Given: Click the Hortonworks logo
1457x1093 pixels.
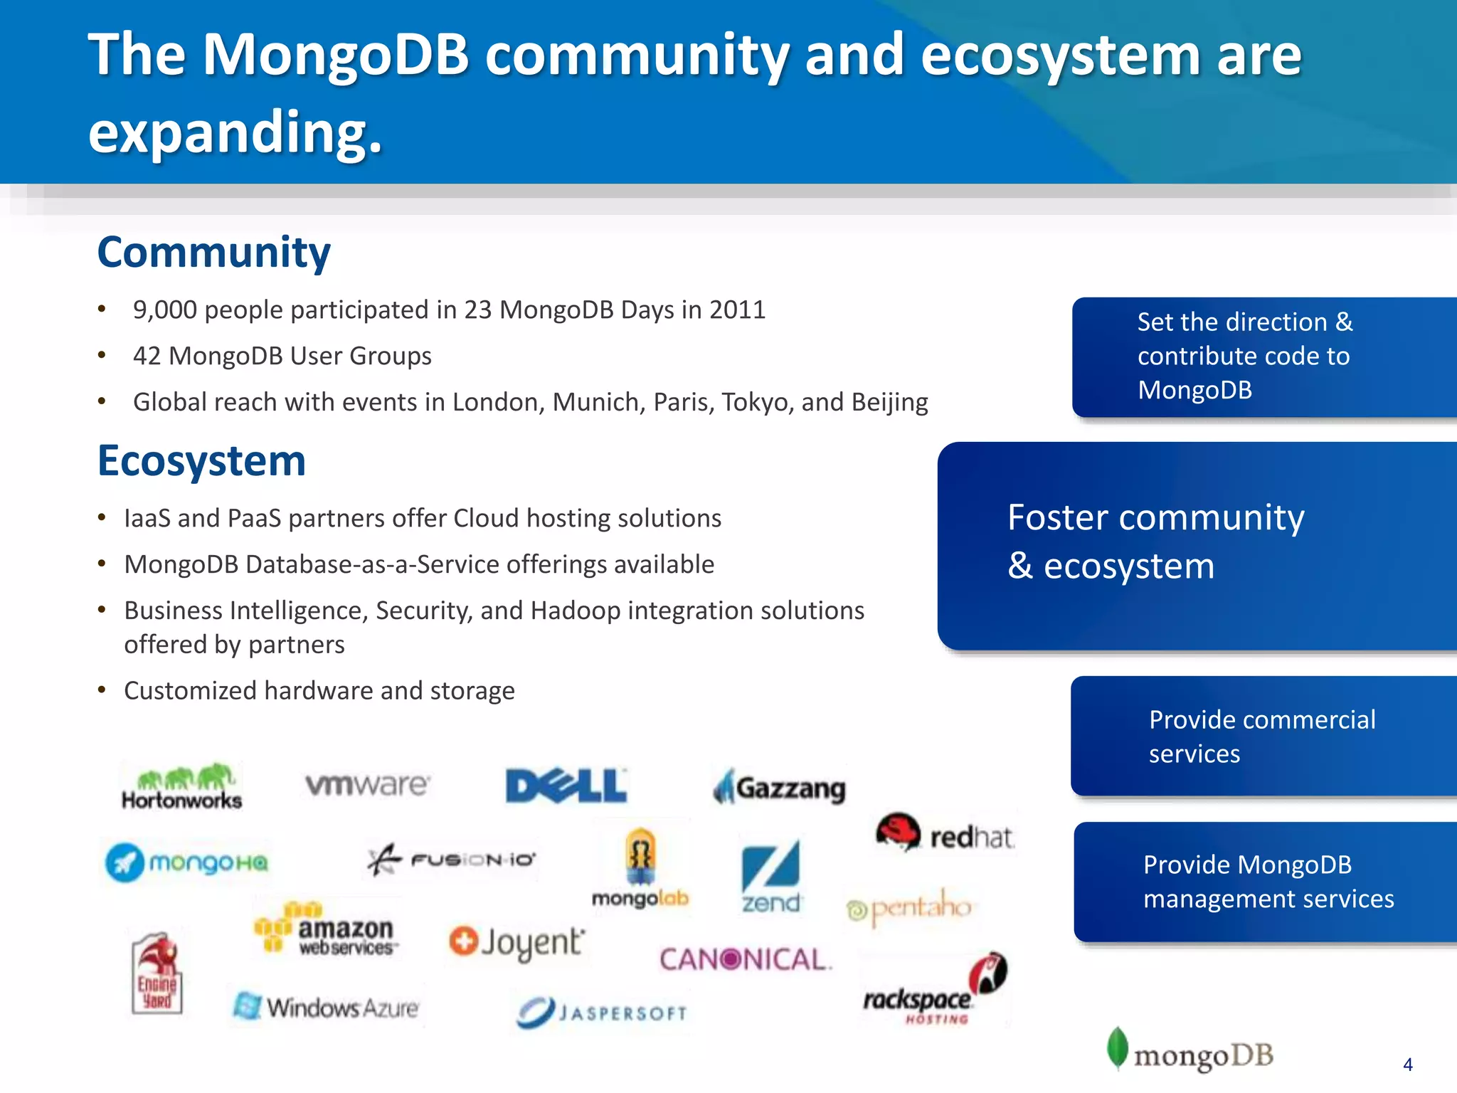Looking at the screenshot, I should point(182,787).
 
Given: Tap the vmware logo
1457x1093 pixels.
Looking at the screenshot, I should point(367,784).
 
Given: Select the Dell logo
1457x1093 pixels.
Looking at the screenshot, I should point(566,786).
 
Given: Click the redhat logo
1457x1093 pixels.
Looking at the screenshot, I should point(945,834).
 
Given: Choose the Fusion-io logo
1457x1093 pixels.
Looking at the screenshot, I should point(452,860).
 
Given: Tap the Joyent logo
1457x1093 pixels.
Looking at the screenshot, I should point(517,942).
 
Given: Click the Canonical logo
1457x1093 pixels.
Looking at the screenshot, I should point(744,959).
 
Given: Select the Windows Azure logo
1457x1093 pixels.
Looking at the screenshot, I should point(327,1008).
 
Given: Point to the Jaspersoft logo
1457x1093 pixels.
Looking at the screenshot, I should point(602,1012).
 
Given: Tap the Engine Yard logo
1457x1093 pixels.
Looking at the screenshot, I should point(157,973).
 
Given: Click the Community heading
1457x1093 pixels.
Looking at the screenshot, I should point(213,252).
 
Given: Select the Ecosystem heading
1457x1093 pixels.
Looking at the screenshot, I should point(201,461).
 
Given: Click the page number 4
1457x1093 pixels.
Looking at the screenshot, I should point(1407,1065).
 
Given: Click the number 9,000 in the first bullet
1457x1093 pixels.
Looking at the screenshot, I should point(165,310).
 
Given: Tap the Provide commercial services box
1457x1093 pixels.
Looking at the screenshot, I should point(1263,736).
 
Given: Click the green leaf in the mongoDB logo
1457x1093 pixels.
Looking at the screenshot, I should point(1118,1047).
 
